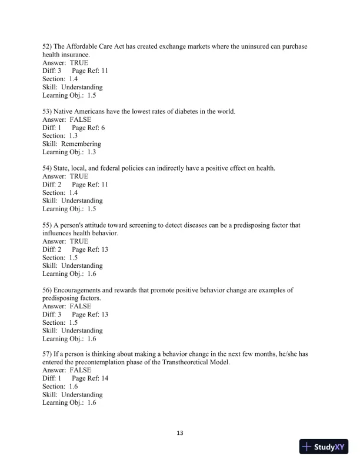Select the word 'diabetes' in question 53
coord(178,111)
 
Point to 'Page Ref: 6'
coord(88,127)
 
